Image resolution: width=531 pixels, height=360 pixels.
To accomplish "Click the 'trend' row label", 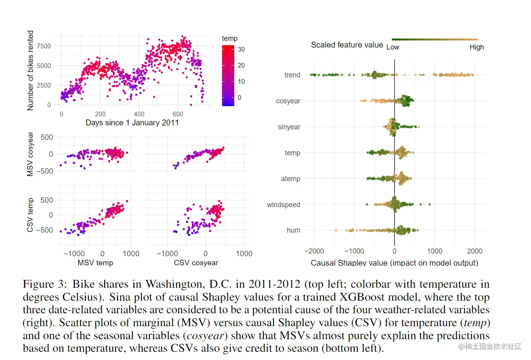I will coord(292,75).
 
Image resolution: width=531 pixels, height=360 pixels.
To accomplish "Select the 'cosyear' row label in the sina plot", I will coord(288,101).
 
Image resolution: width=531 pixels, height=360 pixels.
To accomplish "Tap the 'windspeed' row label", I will coord(283,205).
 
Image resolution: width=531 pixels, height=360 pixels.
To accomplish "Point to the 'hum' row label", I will coord(294,230).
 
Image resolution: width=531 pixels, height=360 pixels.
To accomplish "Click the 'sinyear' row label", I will coord(289,127).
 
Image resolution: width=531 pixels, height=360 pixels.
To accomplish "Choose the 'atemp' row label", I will coord(290,179).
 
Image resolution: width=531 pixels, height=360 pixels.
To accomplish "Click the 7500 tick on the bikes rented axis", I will coord(44,46).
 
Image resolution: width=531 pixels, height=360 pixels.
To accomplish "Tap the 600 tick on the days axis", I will coord(178,114).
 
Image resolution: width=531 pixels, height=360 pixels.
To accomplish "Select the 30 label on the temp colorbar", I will coord(241,49).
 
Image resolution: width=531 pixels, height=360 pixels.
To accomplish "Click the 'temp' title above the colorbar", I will coord(230,39).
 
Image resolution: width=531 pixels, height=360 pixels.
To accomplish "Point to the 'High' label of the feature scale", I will coord(476,47).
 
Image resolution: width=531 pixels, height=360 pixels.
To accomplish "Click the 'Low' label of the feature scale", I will coord(393,47).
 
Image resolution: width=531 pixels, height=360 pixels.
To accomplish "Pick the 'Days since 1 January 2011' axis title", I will coord(132,123).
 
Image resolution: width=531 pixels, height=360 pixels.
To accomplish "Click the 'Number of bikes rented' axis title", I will coord(30,71).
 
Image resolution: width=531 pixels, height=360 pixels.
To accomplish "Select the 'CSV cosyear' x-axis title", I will coord(196,263).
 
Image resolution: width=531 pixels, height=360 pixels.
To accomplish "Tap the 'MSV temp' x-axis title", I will coord(95,263).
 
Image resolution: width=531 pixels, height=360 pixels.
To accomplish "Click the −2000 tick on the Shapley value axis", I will coord(314,251).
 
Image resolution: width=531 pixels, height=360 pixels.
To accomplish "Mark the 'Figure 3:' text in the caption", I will coord(44,284).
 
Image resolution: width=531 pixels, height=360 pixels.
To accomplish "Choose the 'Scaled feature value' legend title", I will coord(347,45).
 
